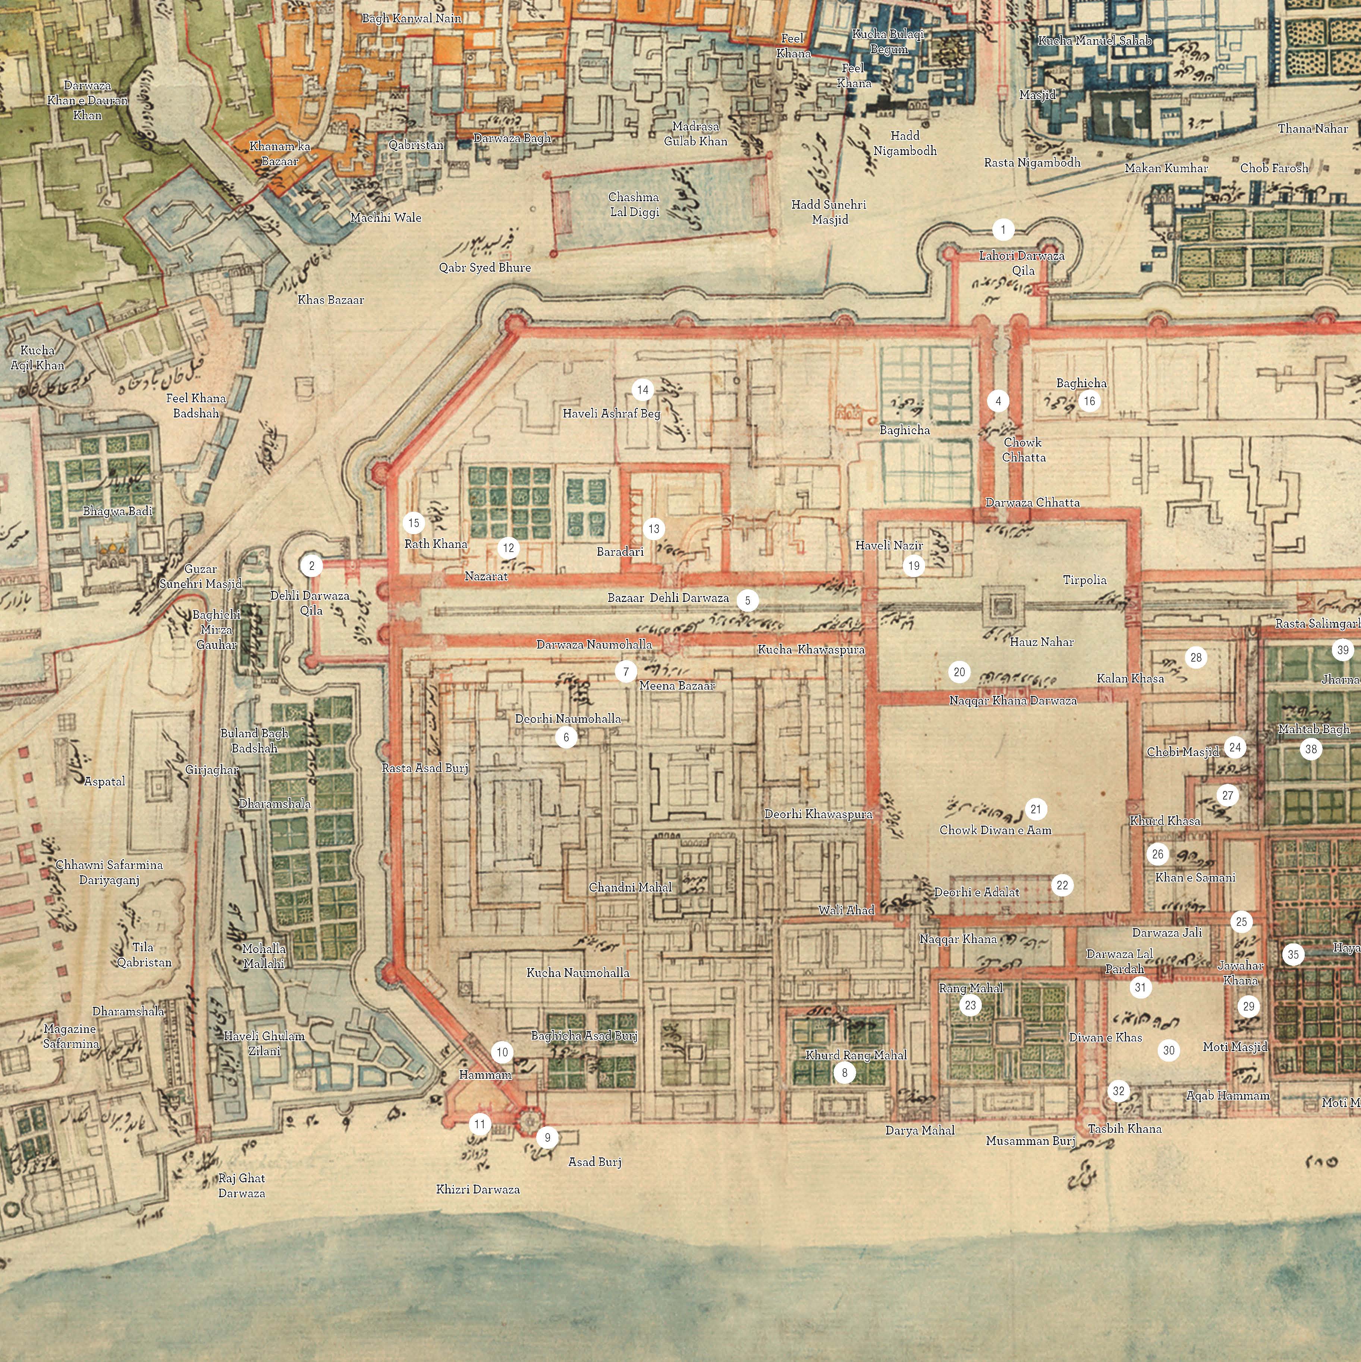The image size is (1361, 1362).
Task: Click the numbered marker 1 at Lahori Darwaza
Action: click(1003, 229)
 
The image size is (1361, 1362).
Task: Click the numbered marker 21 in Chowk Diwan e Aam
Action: click(1035, 808)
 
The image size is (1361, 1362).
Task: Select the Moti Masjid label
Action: click(1235, 1047)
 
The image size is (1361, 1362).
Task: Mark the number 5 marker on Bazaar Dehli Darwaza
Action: click(748, 600)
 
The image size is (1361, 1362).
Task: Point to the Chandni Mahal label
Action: click(630, 887)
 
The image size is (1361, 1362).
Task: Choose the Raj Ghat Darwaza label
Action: click(241, 1185)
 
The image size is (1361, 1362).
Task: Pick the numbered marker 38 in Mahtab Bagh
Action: click(1311, 749)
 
